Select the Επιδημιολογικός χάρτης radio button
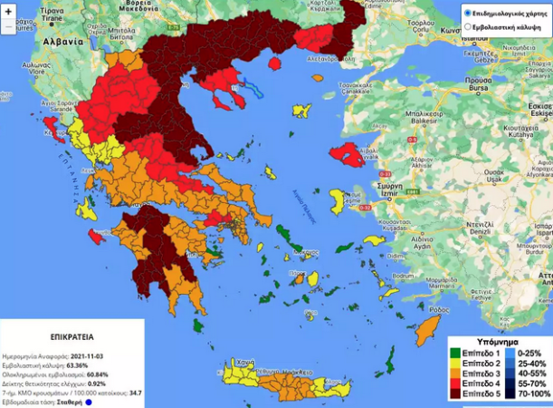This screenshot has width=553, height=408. pos(467,14)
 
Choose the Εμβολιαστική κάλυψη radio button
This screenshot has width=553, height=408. pos(467,28)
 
